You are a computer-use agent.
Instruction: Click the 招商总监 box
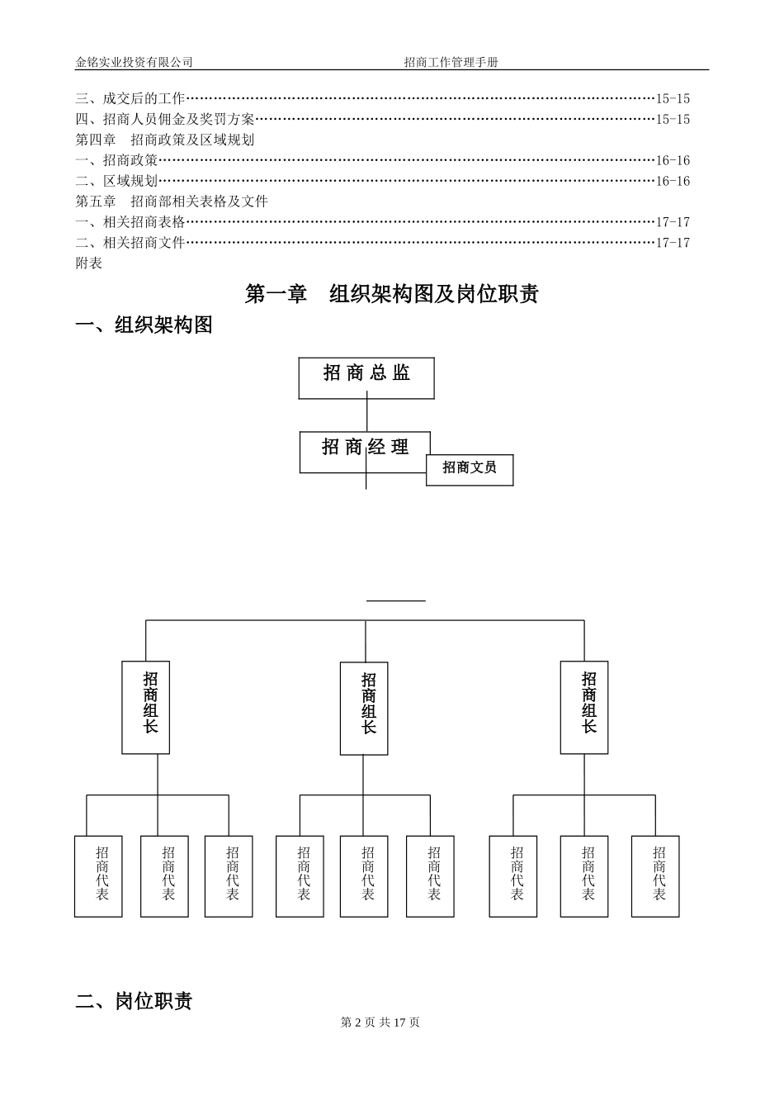point(366,377)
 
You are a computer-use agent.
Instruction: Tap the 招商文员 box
point(470,469)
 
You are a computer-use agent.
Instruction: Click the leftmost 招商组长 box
point(146,707)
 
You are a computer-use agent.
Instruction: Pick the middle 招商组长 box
point(364,708)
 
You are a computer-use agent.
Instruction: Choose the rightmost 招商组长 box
point(584,707)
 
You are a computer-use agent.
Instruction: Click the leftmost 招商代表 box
point(98,876)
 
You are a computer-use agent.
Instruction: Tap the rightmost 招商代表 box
point(655,876)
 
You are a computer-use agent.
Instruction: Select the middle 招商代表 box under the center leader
point(364,876)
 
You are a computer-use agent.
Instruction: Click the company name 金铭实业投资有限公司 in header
point(134,62)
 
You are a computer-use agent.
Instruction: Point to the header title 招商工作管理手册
point(451,62)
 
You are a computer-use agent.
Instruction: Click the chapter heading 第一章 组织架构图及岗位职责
point(391,294)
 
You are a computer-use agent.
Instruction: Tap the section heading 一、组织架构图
point(144,325)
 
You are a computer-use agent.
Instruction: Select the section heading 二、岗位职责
point(135,1001)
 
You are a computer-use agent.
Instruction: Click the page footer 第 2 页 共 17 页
point(380,1022)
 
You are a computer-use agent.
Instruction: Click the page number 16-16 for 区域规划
point(673,182)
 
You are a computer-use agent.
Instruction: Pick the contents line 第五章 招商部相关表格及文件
point(172,202)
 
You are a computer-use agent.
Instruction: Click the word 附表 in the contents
point(89,263)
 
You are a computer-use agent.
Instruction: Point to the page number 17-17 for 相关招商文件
point(673,243)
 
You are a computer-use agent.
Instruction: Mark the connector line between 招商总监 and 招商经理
point(366,415)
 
